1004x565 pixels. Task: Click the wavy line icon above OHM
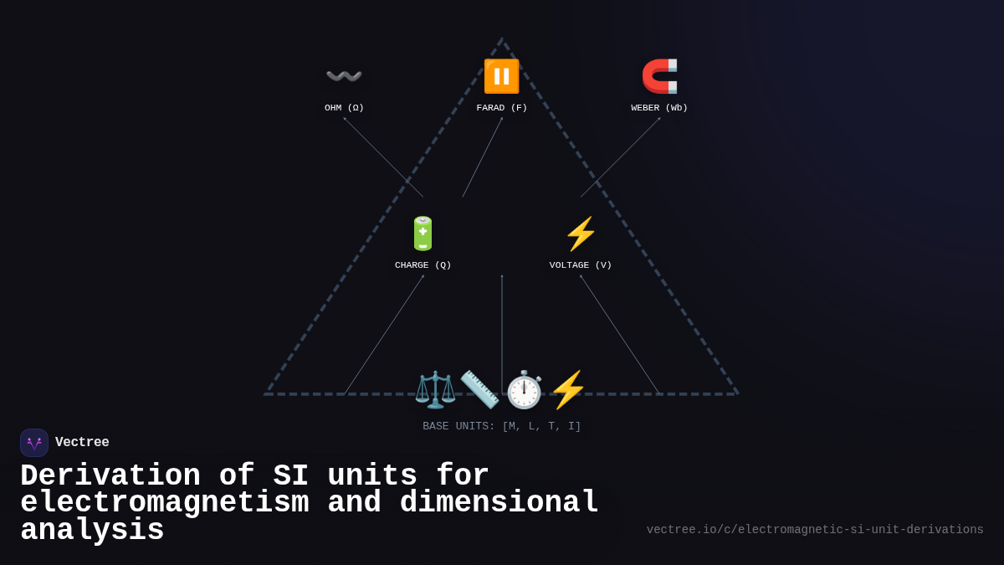pyautogui.click(x=344, y=76)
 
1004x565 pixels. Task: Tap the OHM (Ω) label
pyautogui.click(x=344, y=108)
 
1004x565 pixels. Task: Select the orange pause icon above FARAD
pyautogui.click(x=501, y=76)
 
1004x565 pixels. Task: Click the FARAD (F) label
pyautogui.click(x=501, y=108)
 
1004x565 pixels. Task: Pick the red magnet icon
pyautogui.click(x=659, y=76)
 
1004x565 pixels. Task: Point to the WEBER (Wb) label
pyautogui.click(x=659, y=108)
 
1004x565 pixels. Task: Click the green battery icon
pyautogui.click(x=423, y=234)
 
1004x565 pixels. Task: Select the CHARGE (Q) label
pyautogui.click(x=423, y=265)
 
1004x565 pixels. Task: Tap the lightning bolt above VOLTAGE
pyautogui.click(x=581, y=234)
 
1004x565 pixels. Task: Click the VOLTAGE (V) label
pyautogui.click(x=581, y=265)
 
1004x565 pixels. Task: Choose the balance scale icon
pyautogui.click(x=435, y=390)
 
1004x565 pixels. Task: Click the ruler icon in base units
pyautogui.click(x=479, y=390)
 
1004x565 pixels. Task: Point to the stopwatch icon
pyautogui.click(x=524, y=390)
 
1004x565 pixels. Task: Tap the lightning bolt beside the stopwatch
pyautogui.click(x=568, y=390)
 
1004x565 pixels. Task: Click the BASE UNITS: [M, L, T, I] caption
pyautogui.click(x=501, y=427)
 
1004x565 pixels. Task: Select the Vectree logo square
pyautogui.click(x=34, y=443)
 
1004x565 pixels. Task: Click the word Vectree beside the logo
pyautogui.click(x=82, y=443)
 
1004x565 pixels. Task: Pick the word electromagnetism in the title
pyautogui.click(x=165, y=503)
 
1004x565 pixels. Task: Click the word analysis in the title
pyautogui.click(x=92, y=531)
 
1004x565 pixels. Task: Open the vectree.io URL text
pyautogui.click(x=815, y=530)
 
